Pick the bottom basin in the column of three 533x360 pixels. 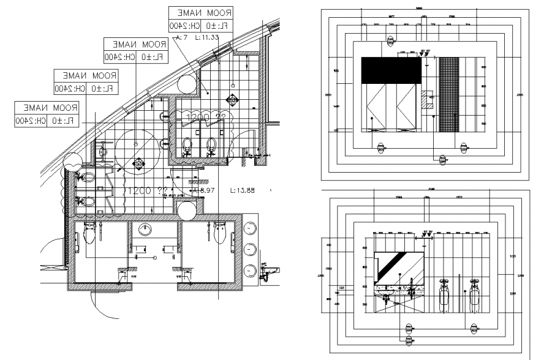point(251,271)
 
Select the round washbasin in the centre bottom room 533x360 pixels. point(146,230)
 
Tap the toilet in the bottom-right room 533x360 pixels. point(221,232)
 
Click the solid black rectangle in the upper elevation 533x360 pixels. point(391,70)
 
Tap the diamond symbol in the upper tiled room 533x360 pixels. point(232,99)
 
